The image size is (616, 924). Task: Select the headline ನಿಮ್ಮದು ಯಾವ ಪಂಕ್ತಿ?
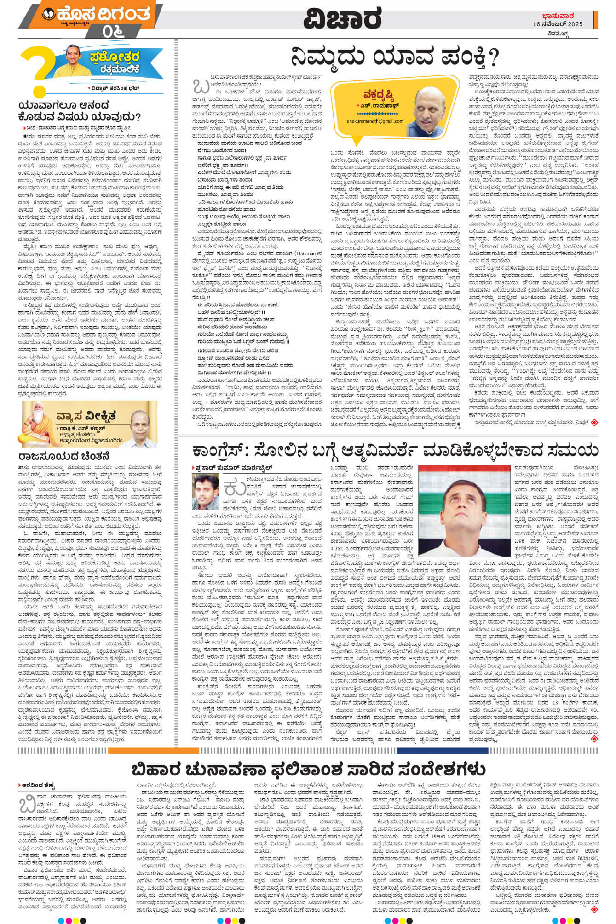(x=395, y=58)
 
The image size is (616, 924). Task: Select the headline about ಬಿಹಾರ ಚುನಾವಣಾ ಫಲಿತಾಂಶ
(x=308, y=769)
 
